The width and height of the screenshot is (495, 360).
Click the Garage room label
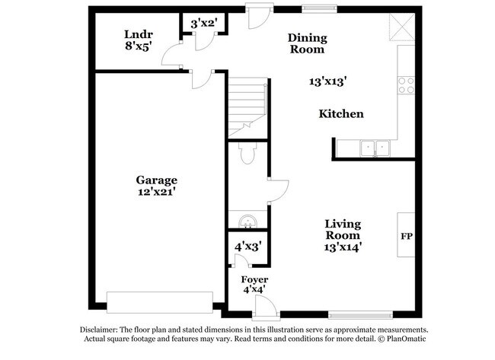157,180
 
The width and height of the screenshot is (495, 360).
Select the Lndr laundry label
139,34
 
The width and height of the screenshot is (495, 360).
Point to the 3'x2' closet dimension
203,24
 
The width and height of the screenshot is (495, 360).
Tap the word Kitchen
340,114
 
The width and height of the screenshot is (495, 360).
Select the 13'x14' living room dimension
342,246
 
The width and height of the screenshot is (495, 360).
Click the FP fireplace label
406,236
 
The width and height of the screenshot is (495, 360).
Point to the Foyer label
254,279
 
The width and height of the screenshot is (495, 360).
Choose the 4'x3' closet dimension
247,247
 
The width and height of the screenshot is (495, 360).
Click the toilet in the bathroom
246,155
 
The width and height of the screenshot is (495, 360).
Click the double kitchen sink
375,148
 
